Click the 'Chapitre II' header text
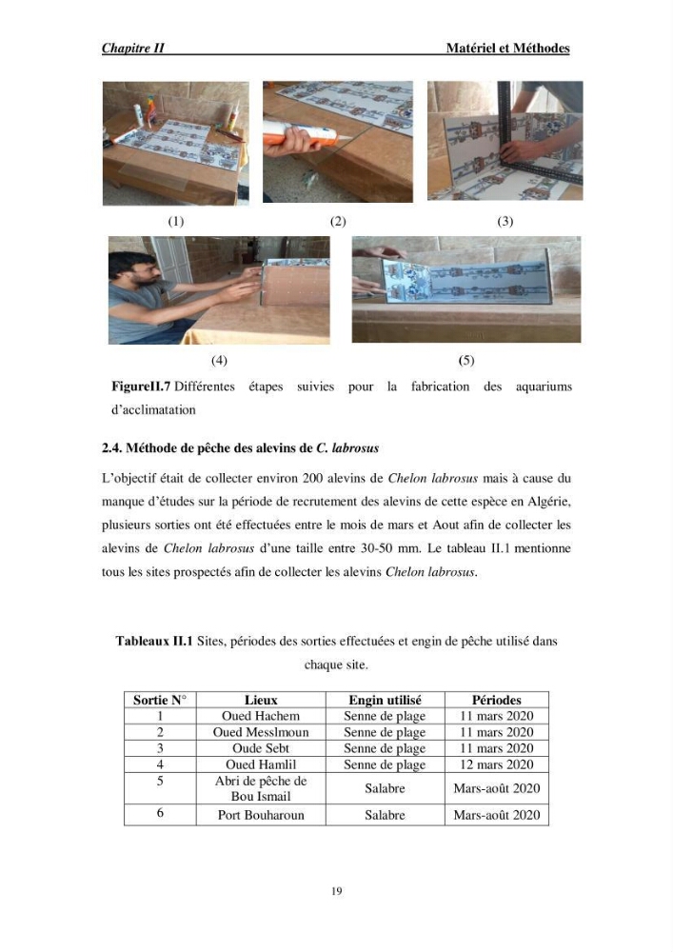click(x=133, y=48)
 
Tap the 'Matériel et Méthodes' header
click(x=507, y=48)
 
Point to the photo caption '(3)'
click(x=505, y=221)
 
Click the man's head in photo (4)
click(x=129, y=269)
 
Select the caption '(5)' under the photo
click(x=466, y=360)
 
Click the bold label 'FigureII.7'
click(x=141, y=387)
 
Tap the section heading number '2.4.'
click(x=112, y=448)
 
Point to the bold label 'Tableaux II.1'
click(x=154, y=641)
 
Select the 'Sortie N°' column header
click(x=160, y=700)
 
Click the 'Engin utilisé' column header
click(x=385, y=700)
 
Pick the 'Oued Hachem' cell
click(x=261, y=716)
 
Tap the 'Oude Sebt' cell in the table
click(x=261, y=748)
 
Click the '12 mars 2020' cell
click(x=496, y=764)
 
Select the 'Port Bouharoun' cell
click(x=261, y=815)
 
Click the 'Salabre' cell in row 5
click(x=385, y=788)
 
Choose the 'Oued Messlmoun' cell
click(x=261, y=732)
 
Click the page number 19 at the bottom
click(x=337, y=891)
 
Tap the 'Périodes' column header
click(x=496, y=700)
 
